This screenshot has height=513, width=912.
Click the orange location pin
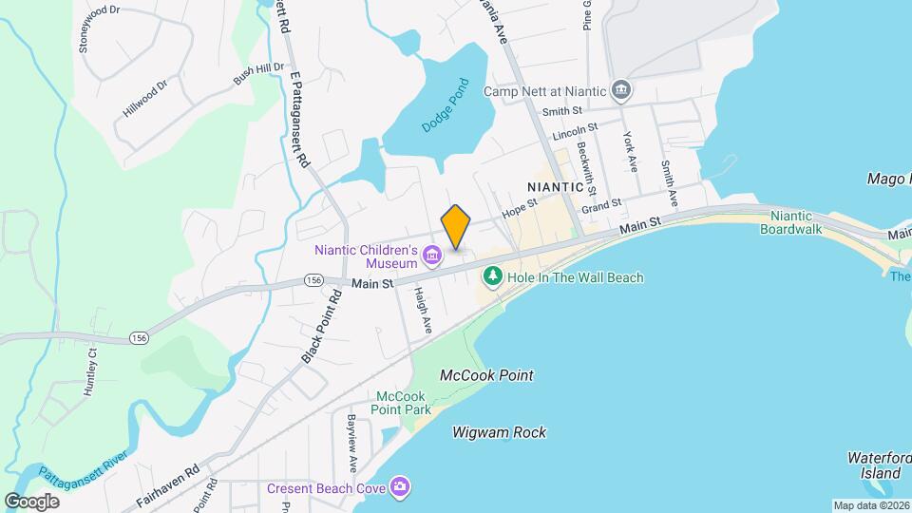[x=456, y=226]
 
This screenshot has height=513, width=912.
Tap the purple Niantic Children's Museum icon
[x=432, y=254]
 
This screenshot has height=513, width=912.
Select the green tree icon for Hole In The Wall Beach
[x=492, y=276]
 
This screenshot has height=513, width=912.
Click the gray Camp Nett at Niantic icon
[x=621, y=91]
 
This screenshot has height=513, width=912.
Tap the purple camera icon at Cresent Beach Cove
[x=401, y=486]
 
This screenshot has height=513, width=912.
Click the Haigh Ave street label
[x=423, y=311]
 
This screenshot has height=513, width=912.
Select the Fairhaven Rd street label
[x=165, y=480]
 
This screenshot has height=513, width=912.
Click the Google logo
[x=32, y=501]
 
